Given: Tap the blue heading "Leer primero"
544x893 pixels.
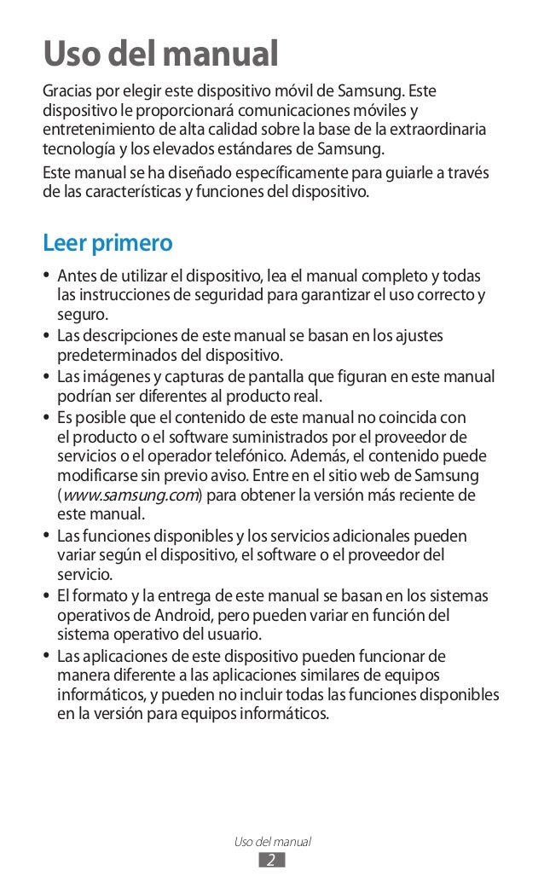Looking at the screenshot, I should (107, 242).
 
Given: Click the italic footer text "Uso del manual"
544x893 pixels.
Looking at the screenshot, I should (272, 841).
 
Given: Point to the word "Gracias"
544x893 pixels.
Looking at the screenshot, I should (70, 91).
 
